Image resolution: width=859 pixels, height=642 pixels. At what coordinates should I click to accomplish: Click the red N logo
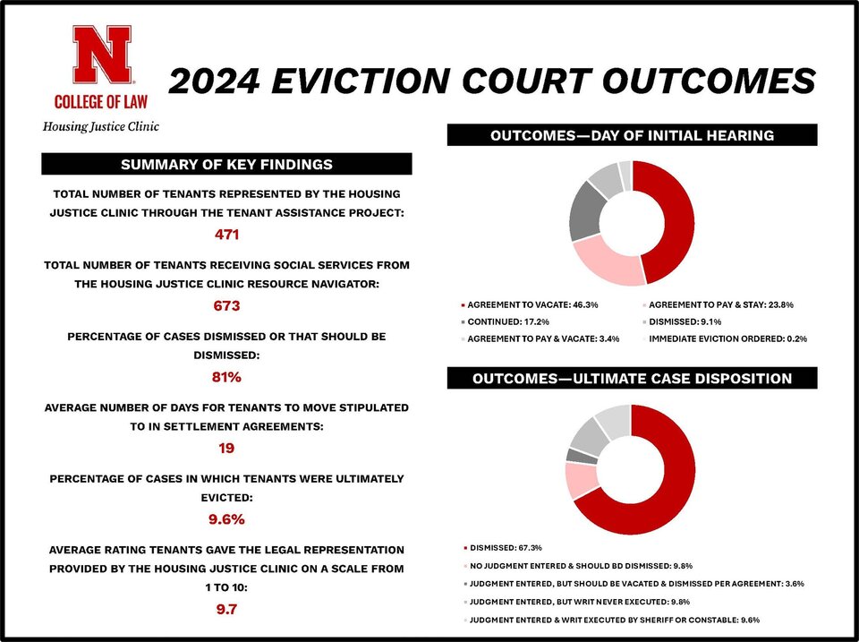(x=101, y=55)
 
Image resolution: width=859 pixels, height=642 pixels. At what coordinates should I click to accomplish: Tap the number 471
(x=226, y=235)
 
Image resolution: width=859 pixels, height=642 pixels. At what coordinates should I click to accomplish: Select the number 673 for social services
(x=226, y=305)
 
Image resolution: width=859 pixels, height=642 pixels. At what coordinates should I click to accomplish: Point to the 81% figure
(x=226, y=377)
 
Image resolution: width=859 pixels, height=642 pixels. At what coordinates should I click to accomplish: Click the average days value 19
(x=226, y=447)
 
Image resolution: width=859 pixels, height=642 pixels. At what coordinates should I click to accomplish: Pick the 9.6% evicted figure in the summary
(x=226, y=518)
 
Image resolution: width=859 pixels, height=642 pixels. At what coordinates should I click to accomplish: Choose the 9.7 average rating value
(x=226, y=610)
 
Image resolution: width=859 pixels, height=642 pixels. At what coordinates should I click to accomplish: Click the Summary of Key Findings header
(x=226, y=164)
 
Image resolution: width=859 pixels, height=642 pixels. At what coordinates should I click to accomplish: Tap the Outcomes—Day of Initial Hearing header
(x=632, y=135)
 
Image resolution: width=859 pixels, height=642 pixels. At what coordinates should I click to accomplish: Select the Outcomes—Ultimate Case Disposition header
(x=632, y=379)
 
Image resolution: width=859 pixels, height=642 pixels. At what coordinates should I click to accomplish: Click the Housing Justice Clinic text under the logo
(x=101, y=126)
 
